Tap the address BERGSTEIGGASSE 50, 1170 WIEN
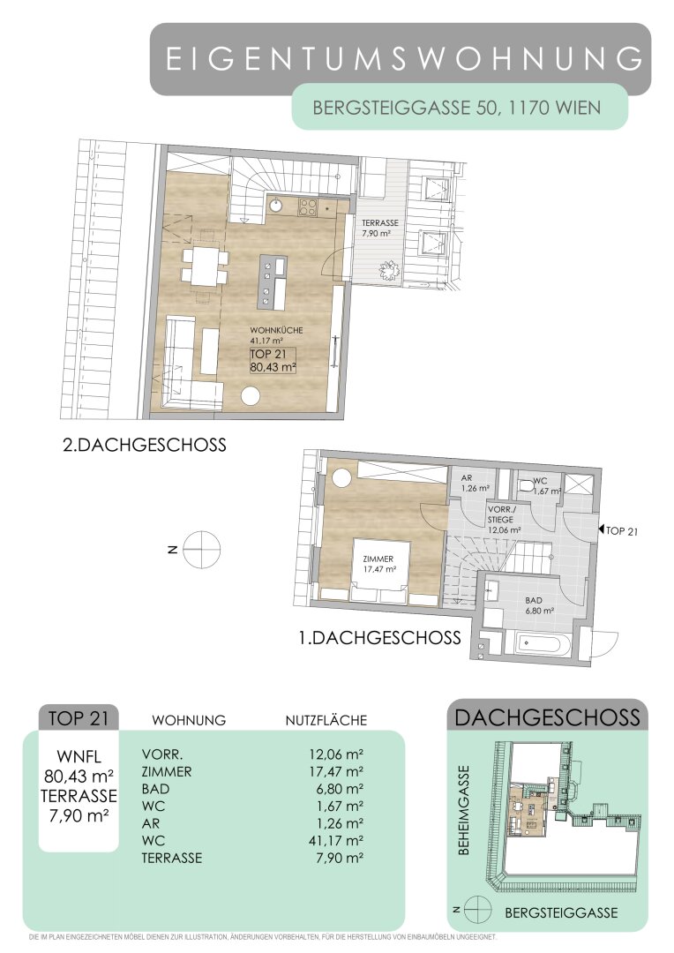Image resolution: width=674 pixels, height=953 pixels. [456, 108]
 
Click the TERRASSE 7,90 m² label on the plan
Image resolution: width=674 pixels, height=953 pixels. [380, 228]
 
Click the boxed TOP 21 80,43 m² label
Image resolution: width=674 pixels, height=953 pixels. [273, 360]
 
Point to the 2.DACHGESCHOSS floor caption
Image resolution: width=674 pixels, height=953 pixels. [145, 445]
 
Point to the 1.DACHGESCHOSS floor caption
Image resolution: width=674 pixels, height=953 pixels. [379, 638]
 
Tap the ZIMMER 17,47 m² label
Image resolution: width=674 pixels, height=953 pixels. [379, 564]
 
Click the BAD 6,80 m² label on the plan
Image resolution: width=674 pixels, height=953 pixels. [534, 605]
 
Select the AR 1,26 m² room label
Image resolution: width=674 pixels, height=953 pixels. [475, 483]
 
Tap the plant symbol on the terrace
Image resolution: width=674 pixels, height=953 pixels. [387, 268]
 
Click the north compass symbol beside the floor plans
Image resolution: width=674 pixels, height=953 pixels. [202, 550]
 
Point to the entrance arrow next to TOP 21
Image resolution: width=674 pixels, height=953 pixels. [602, 530]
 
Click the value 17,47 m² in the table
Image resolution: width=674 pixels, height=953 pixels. [336, 771]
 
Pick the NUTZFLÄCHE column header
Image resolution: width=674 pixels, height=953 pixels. [326, 720]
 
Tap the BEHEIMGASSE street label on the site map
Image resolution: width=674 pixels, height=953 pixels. [464, 809]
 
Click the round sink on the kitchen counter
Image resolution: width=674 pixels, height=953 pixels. [276, 205]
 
